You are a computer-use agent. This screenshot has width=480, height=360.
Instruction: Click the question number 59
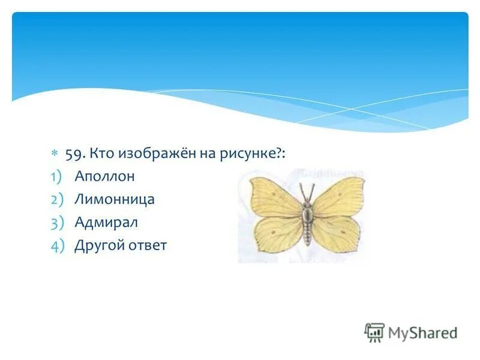[74, 154]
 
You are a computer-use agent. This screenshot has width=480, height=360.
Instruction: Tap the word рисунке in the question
[247, 154]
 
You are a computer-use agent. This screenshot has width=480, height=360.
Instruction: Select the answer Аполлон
[105, 176]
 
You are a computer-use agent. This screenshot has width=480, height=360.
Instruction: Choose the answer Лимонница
[115, 199]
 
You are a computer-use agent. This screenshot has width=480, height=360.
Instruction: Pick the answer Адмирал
[106, 223]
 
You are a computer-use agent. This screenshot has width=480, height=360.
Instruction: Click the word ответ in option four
[145, 245]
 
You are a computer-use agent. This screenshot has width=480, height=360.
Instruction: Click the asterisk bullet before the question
[54, 154]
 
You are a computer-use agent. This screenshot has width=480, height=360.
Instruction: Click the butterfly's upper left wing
[274, 195]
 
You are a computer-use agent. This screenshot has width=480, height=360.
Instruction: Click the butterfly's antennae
[307, 192]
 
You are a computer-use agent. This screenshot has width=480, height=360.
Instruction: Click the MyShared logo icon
[374, 332]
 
